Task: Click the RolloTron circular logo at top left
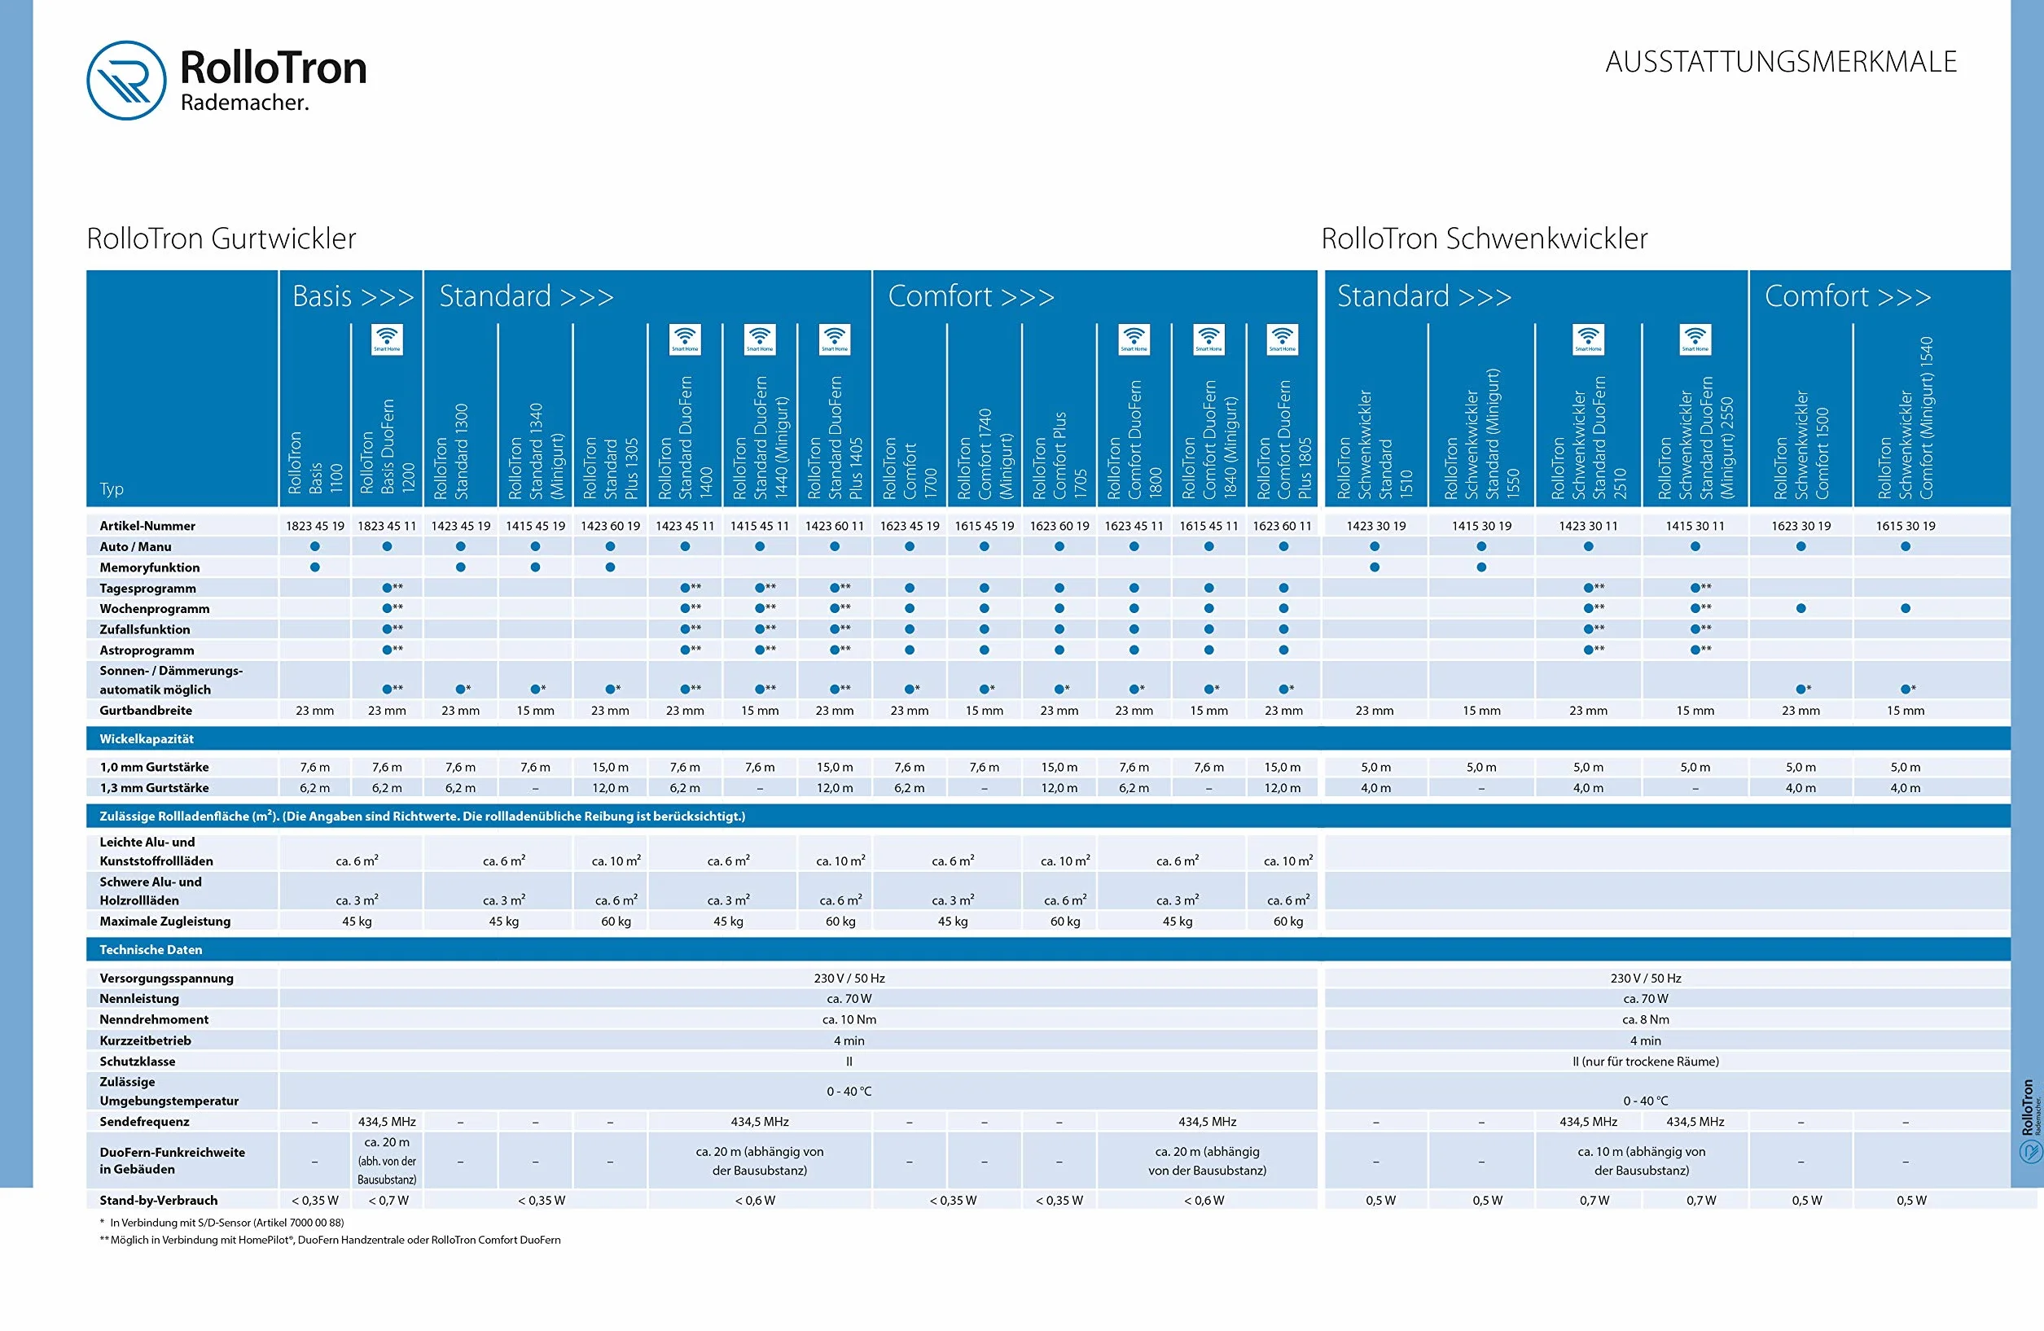pyautogui.click(x=126, y=80)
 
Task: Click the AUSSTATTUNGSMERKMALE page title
pyautogui.click(x=1780, y=62)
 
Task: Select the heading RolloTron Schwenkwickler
pyautogui.click(x=1484, y=238)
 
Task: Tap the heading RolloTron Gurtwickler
pyautogui.click(x=221, y=238)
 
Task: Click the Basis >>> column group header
pyautogui.click(x=353, y=296)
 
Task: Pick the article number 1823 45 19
pyautogui.click(x=315, y=526)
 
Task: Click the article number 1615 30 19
pyautogui.click(x=1905, y=526)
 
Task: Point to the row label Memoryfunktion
pyautogui.click(x=150, y=567)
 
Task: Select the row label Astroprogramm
pyautogui.click(x=147, y=650)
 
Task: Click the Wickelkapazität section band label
pyautogui.click(x=147, y=738)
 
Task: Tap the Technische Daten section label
pyautogui.click(x=151, y=950)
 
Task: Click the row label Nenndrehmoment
pyautogui.click(x=154, y=1019)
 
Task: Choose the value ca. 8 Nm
pyautogui.click(x=1646, y=1019)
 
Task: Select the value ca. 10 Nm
pyautogui.click(x=849, y=1019)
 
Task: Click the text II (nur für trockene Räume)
pyautogui.click(x=1646, y=1062)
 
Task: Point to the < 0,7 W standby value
pyautogui.click(x=388, y=1201)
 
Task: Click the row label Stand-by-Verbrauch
pyautogui.click(x=159, y=1201)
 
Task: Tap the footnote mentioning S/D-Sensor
pyautogui.click(x=222, y=1223)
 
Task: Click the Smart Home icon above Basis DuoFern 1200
pyautogui.click(x=388, y=339)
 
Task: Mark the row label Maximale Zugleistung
pyautogui.click(x=164, y=922)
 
